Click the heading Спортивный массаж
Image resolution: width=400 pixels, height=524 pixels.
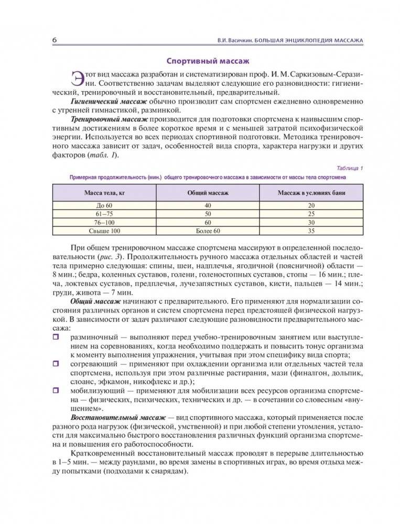click(200, 60)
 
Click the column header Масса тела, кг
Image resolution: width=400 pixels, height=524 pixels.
click(104, 193)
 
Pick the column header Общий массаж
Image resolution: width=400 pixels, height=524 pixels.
click(208, 193)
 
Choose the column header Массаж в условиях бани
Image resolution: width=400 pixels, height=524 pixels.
click(311, 193)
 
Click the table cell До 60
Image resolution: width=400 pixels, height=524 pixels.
click(104, 206)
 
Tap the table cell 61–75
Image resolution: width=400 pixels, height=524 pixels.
click(104, 214)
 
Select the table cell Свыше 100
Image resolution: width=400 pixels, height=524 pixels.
click(104, 230)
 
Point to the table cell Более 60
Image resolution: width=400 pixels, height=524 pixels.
click(208, 230)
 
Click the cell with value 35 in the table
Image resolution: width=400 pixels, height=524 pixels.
click(311, 230)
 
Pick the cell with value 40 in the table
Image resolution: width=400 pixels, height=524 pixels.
click(208, 206)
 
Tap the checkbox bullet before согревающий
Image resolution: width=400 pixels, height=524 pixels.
click(56, 363)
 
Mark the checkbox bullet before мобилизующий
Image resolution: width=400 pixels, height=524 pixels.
click(56, 389)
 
